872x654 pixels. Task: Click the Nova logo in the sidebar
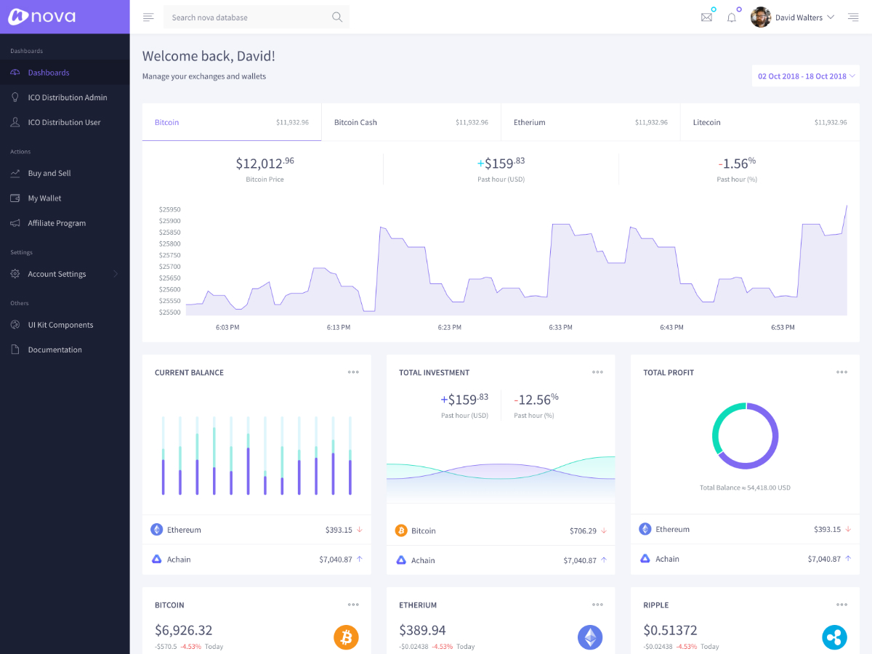[x=42, y=17]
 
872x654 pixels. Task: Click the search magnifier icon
[x=337, y=17]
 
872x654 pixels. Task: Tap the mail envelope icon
[x=706, y=17]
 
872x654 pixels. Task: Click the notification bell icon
[x=732, y=17]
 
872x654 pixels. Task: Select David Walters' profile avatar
[x=761, y=17]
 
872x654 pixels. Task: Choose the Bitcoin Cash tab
[x=355, y=122]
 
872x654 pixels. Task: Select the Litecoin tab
[x=706, y=122]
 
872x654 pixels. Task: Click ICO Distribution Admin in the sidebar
[x=68, y=97]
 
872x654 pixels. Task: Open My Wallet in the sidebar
[x=45, y=198]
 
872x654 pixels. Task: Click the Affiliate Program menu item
[x=57, y=223]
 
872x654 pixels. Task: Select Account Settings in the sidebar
[x=57, y=274]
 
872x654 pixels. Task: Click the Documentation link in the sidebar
[x=55, y=350]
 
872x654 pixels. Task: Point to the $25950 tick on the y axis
[x=170, y=209]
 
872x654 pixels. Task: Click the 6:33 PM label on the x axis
[x=560, y=328]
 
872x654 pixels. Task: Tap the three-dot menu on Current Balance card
[x=353, y=372]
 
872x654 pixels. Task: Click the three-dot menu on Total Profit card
[x=841, y=372]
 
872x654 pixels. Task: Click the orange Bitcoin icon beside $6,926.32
[x=347, y=637]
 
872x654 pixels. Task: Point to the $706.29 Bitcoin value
[x=583, y=531]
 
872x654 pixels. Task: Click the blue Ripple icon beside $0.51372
[x=834, y=637]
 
